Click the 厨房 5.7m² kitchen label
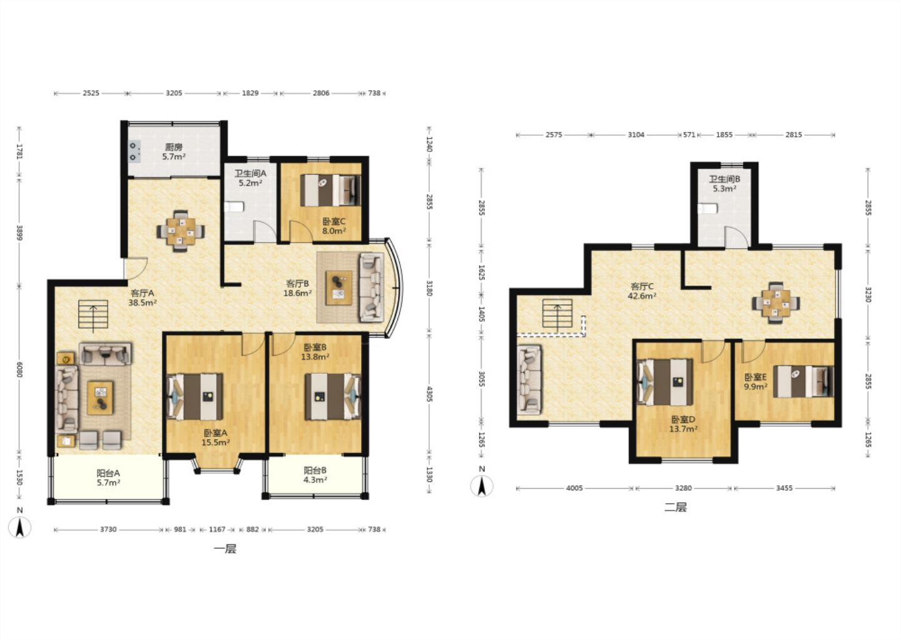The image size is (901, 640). (x=174, y=152)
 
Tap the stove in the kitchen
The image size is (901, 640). (x=135, y=151)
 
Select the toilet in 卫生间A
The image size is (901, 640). (x=234, y=207)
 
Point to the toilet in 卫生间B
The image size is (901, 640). (x=708, y=209)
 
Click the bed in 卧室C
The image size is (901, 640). (x=330, y=190)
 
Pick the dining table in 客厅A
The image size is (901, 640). (x=181, y=231)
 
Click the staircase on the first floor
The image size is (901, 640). (x=93, y=314)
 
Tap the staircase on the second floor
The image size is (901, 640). (x=557, y=314)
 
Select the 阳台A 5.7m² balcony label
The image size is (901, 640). (x=108, y=477)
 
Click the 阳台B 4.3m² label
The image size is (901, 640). (x=315, y=475)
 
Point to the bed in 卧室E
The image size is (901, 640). (x=803, y=381)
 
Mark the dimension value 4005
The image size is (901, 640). (x=574, y=488)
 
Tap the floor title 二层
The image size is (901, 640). (x=675, y=507)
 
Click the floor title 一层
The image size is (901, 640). (x=225, y=549)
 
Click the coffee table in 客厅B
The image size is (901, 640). (x=339, y=287)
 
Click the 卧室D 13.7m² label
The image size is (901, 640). (x=683, y=424)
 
